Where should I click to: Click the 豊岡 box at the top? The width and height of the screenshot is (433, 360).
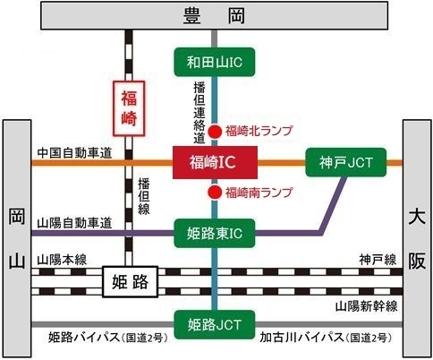pos(214,15)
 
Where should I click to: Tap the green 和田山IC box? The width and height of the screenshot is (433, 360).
pos(215,62)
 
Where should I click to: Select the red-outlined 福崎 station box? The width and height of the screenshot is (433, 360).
pos(129,108)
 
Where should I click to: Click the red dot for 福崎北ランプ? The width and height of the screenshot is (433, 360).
pos(215,132)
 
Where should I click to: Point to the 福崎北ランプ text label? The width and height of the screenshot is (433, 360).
pos(259,131)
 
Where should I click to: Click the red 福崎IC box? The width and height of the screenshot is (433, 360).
pos(215,162)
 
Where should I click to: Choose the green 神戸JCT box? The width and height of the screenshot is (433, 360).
pos(346,162)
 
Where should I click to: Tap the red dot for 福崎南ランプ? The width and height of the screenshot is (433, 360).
pos(215,193)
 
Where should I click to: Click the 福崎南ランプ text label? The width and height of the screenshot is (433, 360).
pos(259,193)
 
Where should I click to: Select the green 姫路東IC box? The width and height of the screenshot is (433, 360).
pos(215,234)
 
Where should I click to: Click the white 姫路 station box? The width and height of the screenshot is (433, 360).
pos(130,282)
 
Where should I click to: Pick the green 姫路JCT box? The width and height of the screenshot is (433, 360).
pos(215,324)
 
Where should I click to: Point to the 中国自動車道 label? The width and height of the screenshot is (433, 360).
pos(74,153)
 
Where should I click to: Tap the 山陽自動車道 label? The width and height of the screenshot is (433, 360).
pos(74,223)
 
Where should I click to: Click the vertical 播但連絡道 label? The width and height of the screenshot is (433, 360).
pos(200,113)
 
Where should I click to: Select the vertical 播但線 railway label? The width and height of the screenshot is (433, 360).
pos(144,197)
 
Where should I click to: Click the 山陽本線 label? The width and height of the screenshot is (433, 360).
pos(62,260)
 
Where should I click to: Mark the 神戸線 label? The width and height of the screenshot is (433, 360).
pos(378,260)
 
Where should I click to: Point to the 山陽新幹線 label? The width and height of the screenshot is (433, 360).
pos(367,306)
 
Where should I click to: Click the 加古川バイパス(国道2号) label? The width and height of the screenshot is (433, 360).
pos(326,338)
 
